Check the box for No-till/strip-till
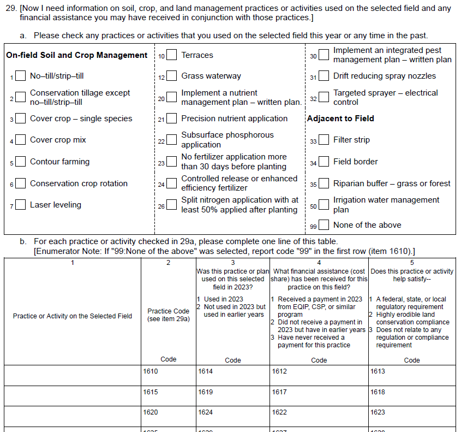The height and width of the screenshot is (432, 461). (21, 76)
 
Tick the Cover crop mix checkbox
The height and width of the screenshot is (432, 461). (21, 140)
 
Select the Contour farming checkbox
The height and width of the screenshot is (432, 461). (21, 162)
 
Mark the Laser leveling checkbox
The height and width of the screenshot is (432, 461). (21, 205)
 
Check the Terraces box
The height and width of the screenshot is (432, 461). (172, 55)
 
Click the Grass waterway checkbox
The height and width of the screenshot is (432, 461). (172, 76)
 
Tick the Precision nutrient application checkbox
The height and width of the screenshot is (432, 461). (172, 119)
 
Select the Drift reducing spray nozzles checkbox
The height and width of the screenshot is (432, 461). (324, 76)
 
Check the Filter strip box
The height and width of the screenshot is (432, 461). (324, 140)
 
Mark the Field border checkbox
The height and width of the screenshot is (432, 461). (324, 162)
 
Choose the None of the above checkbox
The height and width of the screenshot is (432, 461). (324, 225)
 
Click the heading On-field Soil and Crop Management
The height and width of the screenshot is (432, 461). (77, 55)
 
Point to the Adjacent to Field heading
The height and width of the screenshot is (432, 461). (340, 119)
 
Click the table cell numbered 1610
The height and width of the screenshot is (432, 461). (169, 375)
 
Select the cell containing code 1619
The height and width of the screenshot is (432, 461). (232, 396)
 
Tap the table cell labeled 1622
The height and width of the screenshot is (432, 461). (319, 417)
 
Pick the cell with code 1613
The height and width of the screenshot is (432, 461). (412, 375)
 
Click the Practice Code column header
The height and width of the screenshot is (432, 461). (169, 315)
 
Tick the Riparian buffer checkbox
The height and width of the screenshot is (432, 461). (324, 184)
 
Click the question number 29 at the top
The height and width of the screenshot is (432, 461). (10, 8)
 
